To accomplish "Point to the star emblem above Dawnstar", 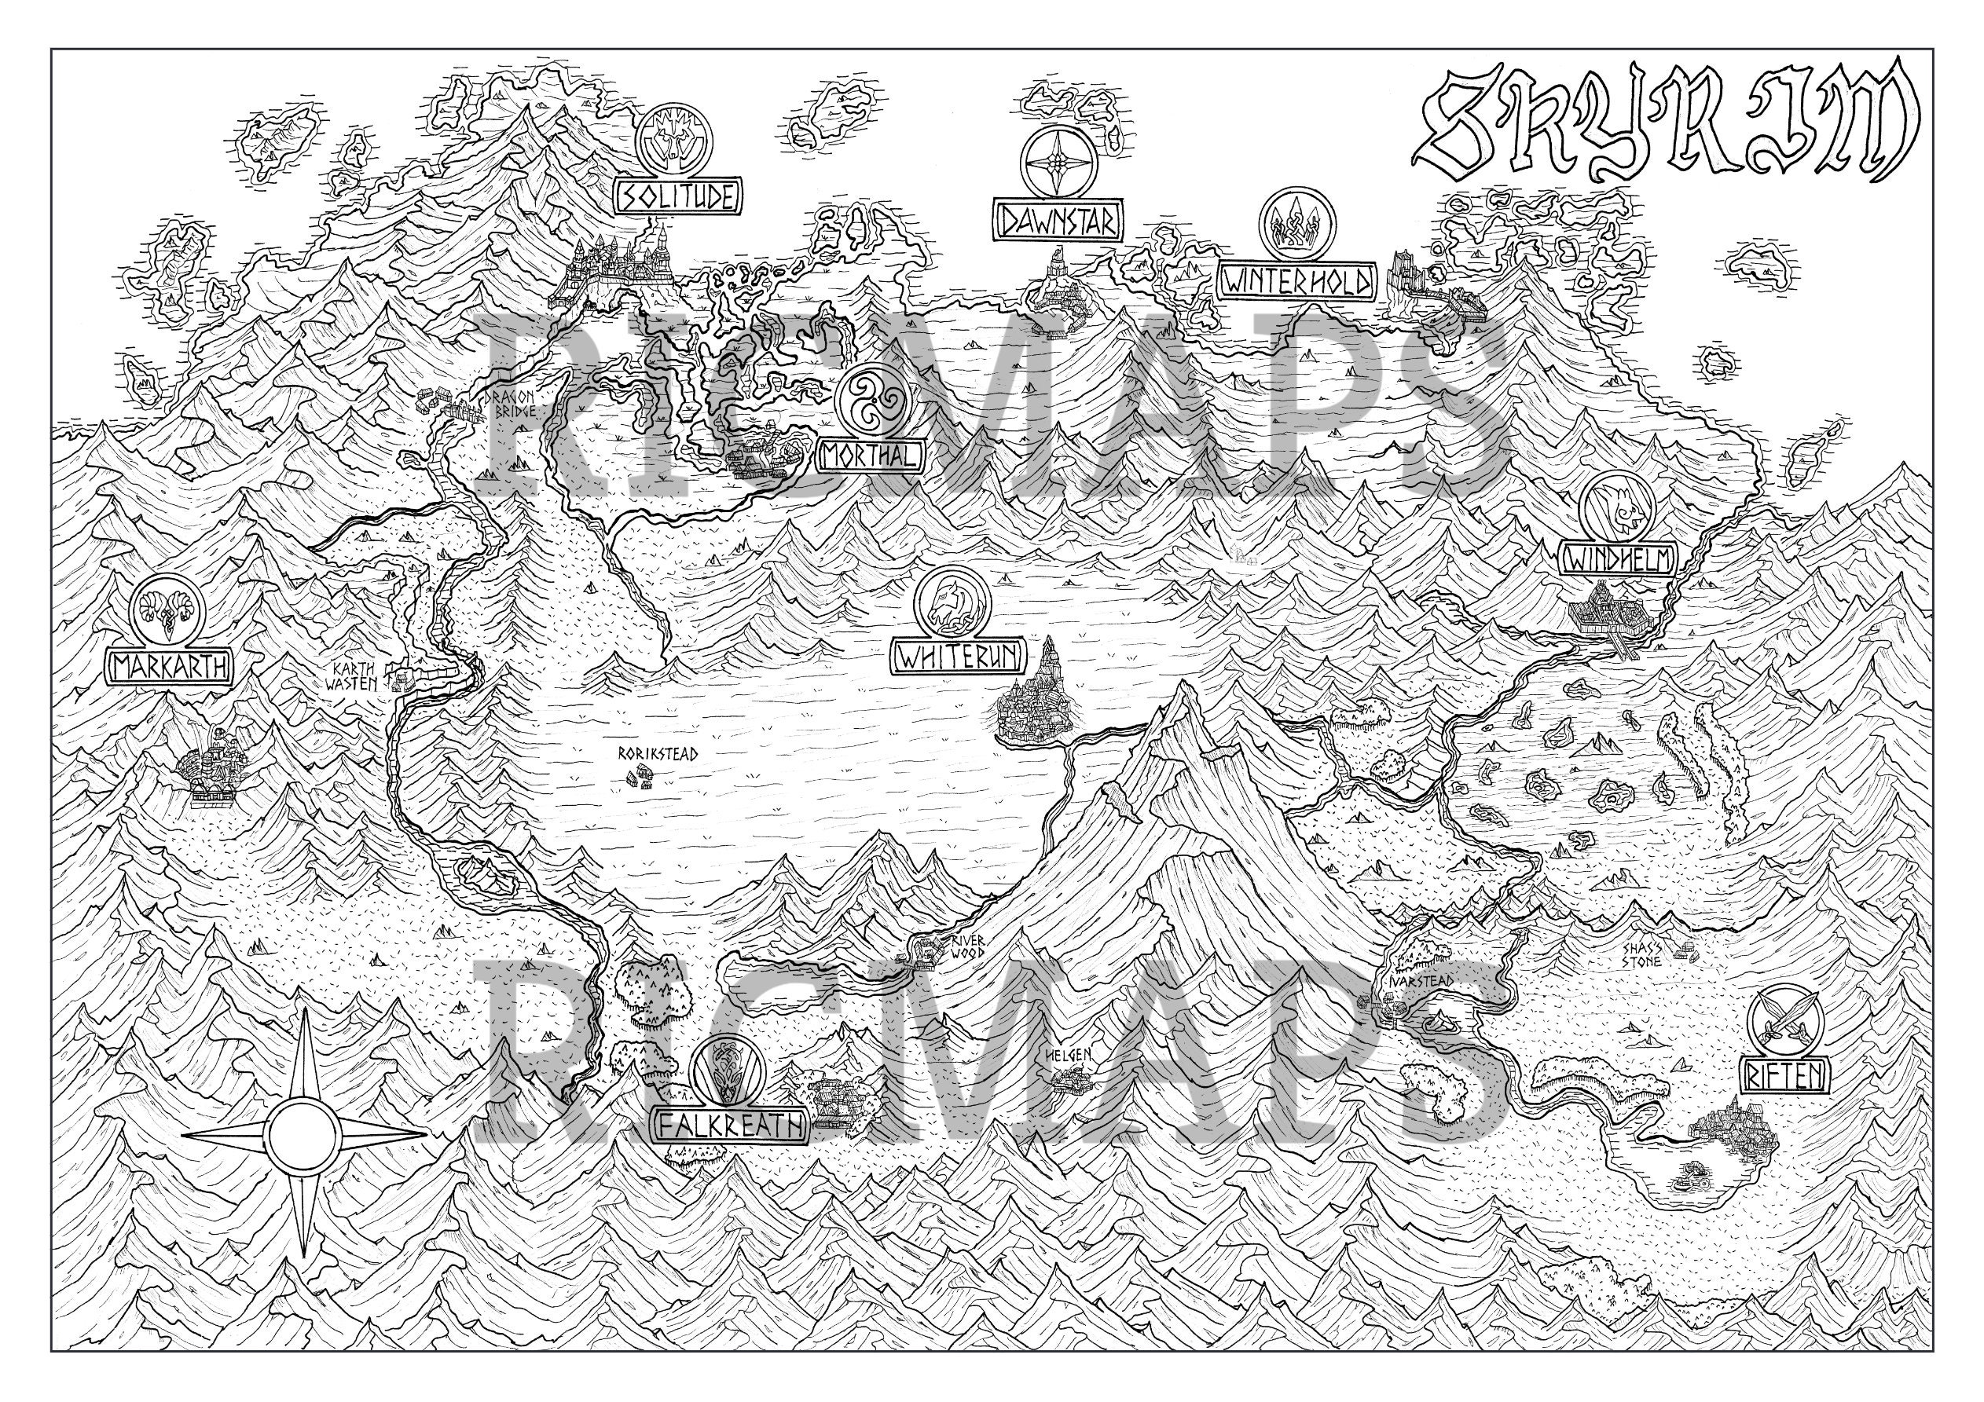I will pyautogui.click(x=1058, y=163).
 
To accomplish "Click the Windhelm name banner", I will pyautogui.click(x=1619, y=560).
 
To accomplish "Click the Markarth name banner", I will pyautogui.click(x=168, y=667).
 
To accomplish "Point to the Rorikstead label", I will pyautogui.click(x=658, y=753).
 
